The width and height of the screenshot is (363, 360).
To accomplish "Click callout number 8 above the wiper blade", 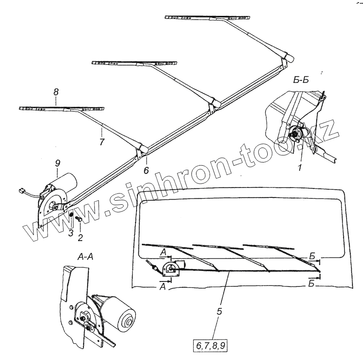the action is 55,92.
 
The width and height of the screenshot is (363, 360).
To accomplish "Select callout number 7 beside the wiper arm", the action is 102,142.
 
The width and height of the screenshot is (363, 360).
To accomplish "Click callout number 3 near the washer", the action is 70,233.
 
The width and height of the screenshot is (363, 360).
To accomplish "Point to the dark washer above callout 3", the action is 71,215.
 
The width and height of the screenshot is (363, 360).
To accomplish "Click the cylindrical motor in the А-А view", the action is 122,313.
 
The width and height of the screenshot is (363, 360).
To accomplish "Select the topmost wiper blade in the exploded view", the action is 206,18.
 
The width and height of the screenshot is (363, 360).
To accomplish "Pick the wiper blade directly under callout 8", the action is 62,108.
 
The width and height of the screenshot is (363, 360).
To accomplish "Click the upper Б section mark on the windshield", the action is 313,257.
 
